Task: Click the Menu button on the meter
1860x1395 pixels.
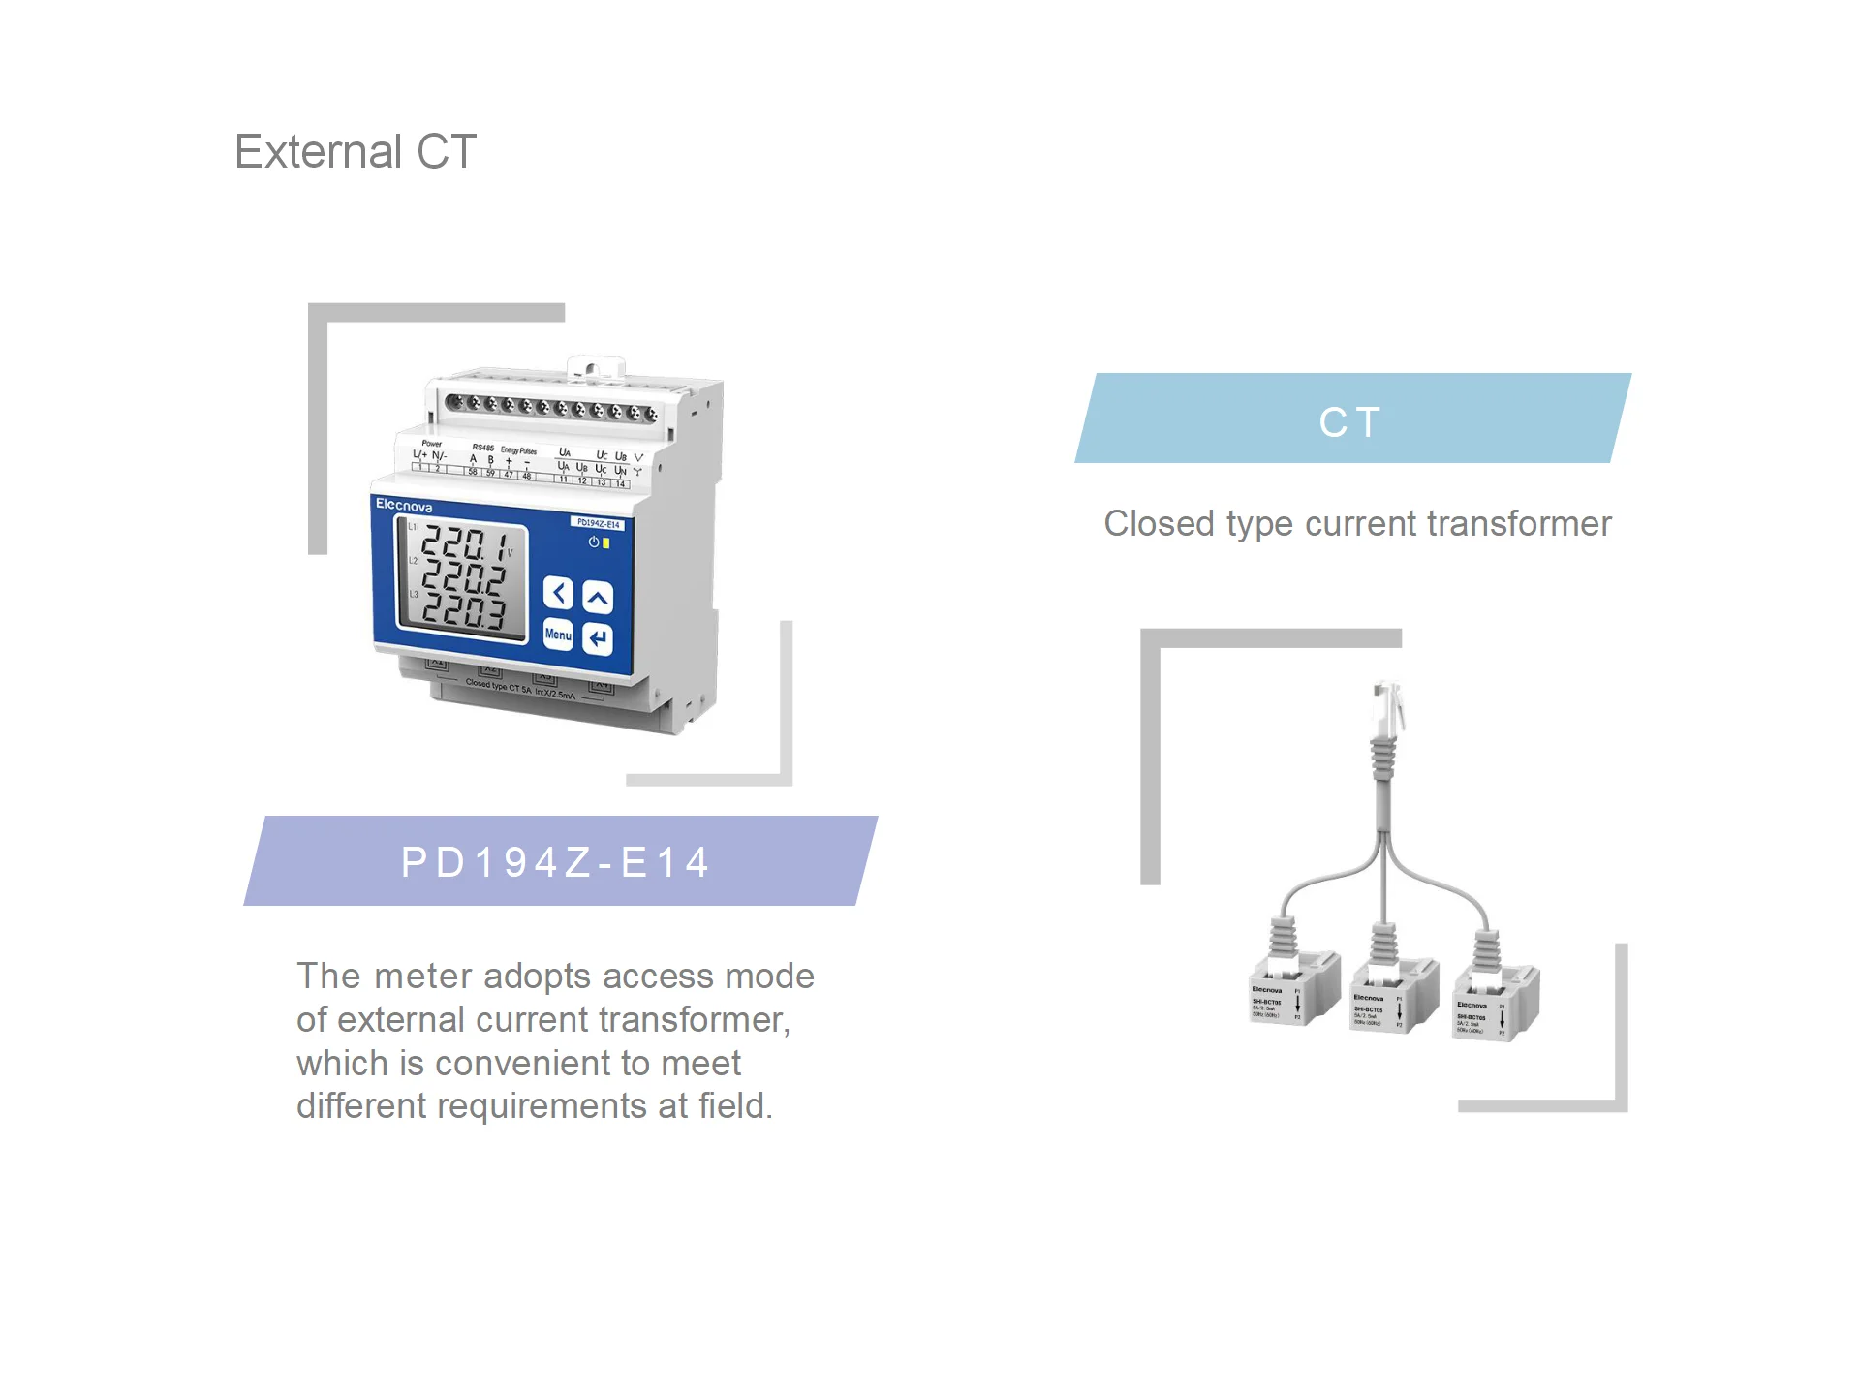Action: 558,635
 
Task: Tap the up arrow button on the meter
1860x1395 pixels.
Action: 598,598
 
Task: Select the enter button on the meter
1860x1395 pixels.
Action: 598,638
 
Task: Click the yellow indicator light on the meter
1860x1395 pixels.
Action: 606,543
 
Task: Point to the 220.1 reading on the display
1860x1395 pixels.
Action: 464,544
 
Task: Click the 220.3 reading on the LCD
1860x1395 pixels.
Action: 464,610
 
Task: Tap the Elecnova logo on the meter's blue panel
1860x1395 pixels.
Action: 404,506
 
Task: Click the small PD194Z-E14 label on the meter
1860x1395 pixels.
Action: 598,524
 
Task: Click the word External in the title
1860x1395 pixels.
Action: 318,152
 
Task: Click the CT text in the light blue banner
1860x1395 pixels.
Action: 1350,421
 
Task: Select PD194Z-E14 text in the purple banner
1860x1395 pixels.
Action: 557,862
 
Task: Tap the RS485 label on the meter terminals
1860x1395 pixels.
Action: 482,448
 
